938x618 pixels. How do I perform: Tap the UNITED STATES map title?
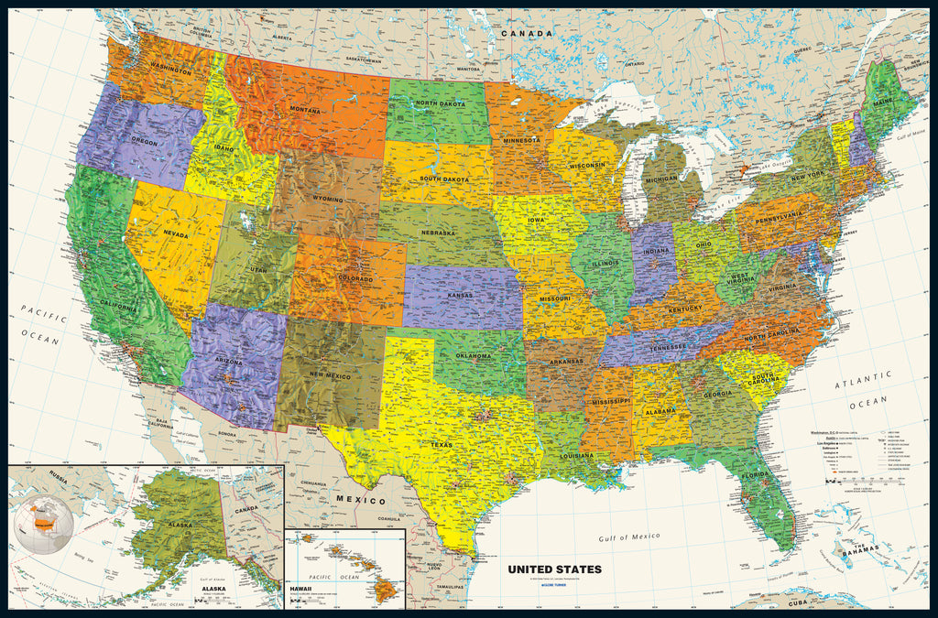tap(555, 569)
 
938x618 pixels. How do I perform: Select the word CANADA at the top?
tap(527, 34)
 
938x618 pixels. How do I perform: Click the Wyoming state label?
tap(327, 199)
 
